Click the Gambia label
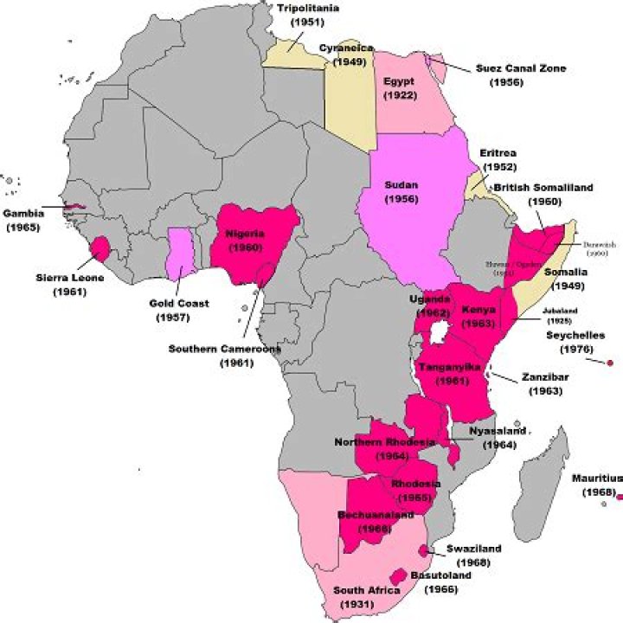tap(23, 213)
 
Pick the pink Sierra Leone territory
tap(101, 248)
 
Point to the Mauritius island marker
tap(620, 496)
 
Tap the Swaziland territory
tap(422, 551)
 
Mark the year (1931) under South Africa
tap(367, 605)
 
